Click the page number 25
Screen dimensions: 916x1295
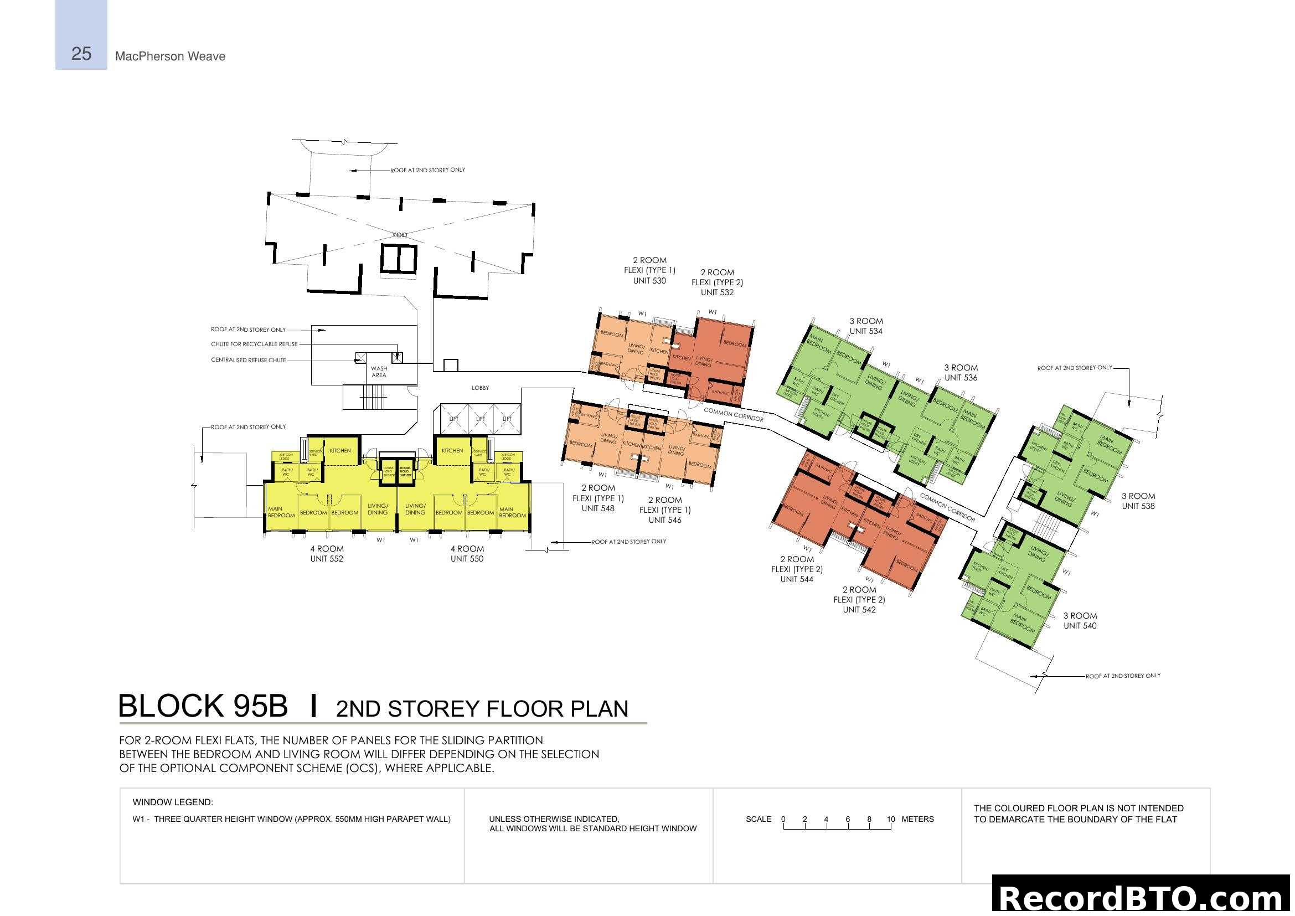click(x=81, y=54)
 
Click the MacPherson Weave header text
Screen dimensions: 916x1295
click(x=170, y=56)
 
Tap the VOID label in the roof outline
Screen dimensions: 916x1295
click(x=399, y=235)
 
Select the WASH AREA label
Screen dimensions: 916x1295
click(x=379, y=372)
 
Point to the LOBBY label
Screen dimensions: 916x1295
click(x=480, y=388)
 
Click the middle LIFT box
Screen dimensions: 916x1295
click(x=480, y=419)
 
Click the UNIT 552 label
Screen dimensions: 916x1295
click(x=326, y=559)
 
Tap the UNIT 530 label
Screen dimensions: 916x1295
click(x=649, y=281)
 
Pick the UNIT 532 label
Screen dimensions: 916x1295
click(x=717, y=292)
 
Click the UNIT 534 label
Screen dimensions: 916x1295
click(x=866, y=331)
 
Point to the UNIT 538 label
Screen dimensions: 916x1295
click(x=1138, y=506)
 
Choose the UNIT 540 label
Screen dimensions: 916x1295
click(x=1080, y=625)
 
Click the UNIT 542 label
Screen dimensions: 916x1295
click(x=859, y=610)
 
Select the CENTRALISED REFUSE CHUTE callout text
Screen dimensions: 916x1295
click(x=248, y=361)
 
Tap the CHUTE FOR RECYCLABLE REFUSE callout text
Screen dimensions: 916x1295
click(x=254, y=344)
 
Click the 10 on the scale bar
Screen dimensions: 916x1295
click(x=891, y=819)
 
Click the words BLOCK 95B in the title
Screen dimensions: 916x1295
click(x=203, y=706)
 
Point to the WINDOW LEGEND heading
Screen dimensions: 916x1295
click(x=173, y=802)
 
